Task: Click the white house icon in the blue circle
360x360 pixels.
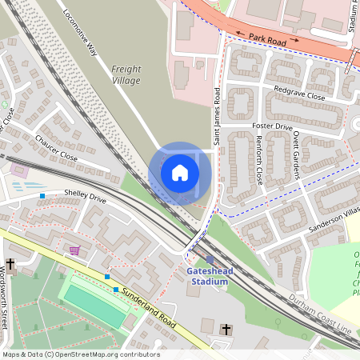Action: point(180,173)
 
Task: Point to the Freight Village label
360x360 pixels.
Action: point(126,75)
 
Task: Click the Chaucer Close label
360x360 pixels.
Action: point(56,148)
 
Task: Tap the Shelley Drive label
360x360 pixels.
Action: point(86,197)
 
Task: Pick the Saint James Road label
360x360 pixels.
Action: point(217,116)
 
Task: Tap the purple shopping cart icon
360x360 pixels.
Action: point(74,250)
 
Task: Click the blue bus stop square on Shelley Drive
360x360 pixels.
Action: point(42,195)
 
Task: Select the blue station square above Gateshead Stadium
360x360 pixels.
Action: point(210,259)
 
